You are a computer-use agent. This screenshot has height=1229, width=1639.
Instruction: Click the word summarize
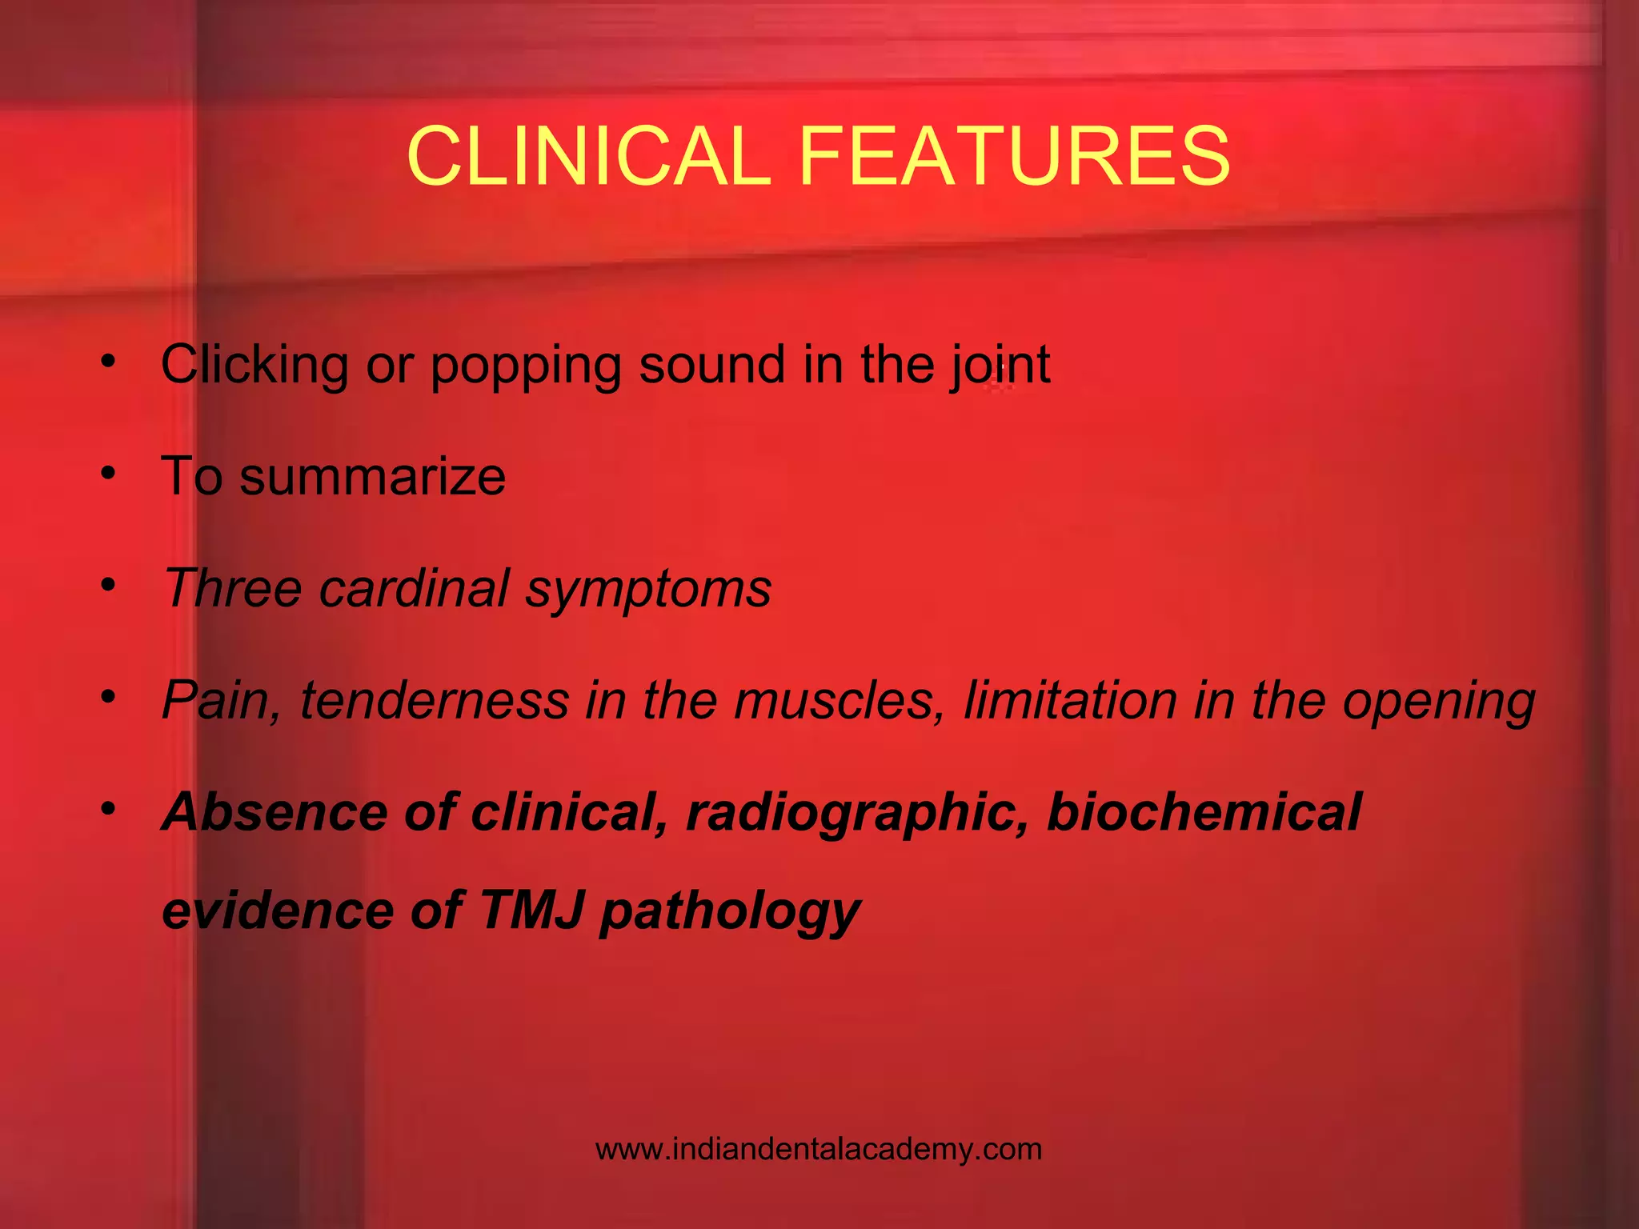[372, 477]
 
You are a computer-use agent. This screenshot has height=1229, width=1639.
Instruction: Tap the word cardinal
[414, 588]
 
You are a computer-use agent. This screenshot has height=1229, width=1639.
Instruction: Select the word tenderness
[433, 700]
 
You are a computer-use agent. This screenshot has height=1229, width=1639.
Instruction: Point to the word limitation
[1070, 700]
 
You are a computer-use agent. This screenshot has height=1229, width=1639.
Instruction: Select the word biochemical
[1204, 812]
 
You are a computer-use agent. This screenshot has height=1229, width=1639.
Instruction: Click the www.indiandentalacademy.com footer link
[819, 1150]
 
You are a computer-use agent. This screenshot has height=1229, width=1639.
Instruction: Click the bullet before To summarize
[109, 473]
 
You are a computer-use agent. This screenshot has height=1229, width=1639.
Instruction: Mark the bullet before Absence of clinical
[109, 808]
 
